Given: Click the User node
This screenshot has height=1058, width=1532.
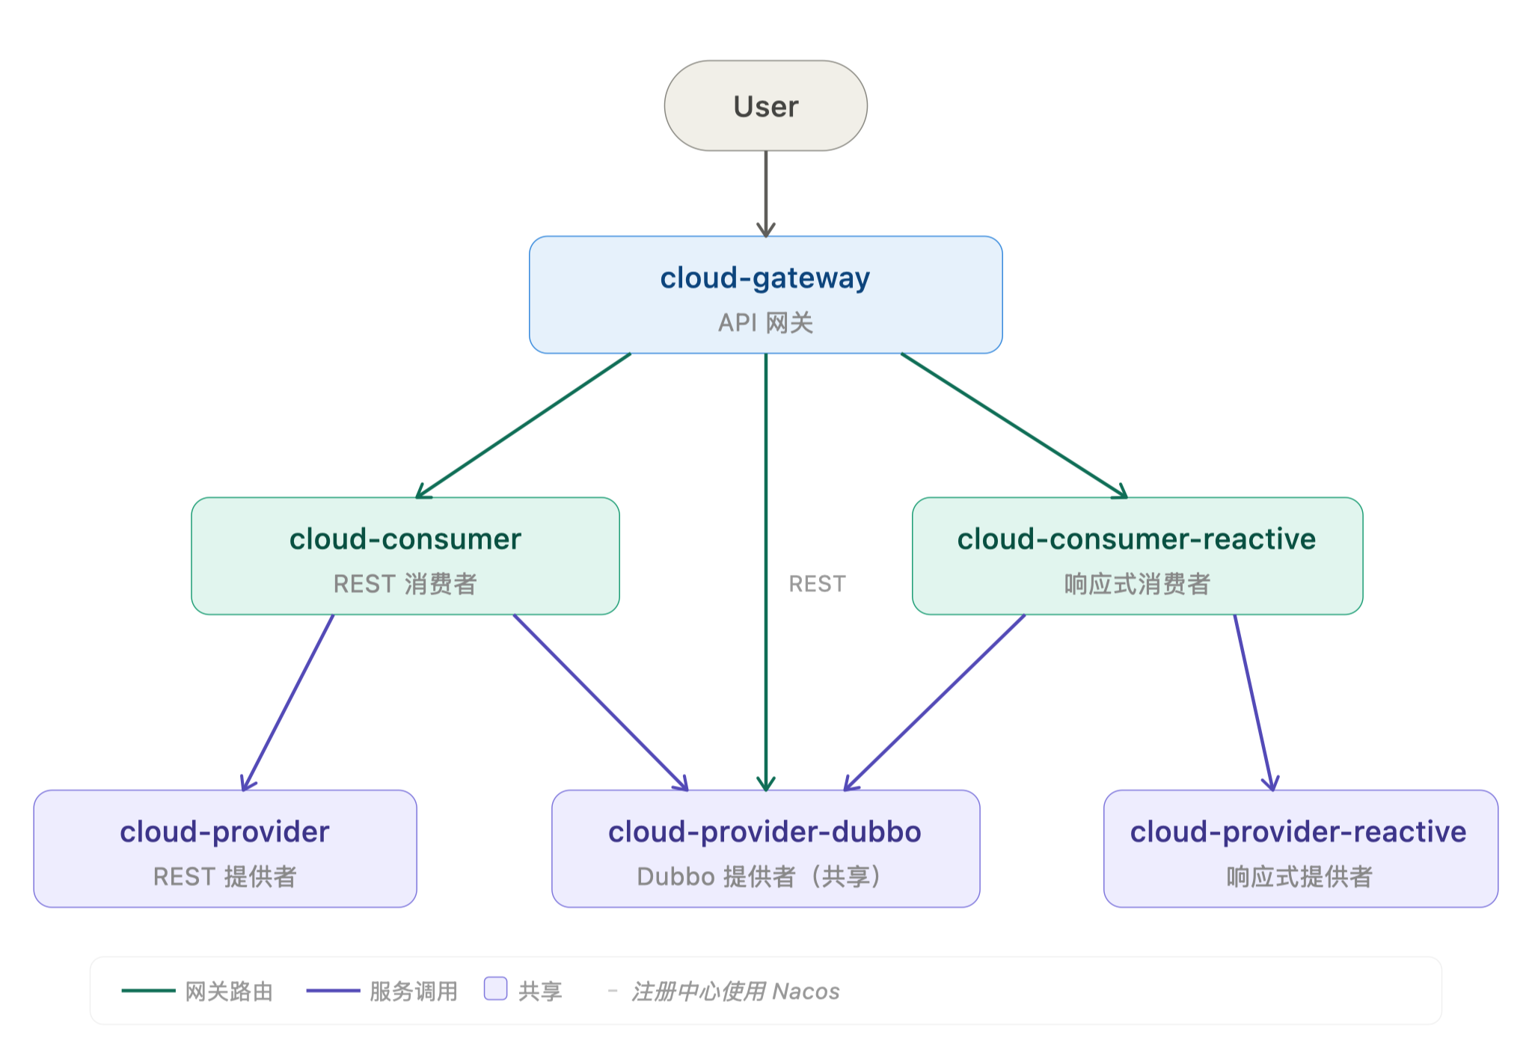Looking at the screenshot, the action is click(765, 105).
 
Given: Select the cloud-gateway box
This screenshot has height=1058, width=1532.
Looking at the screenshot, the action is click(765, 295).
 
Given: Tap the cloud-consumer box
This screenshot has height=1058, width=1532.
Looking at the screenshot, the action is click(405, 556).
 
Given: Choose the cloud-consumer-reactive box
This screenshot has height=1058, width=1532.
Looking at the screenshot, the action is click(1137, 556).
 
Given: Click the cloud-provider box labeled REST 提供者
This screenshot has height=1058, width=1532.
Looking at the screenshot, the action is click(225, 849).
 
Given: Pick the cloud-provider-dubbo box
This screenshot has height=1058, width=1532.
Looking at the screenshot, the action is click(765, 849).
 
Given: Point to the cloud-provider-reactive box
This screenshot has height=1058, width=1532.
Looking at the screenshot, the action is click(1301, 849).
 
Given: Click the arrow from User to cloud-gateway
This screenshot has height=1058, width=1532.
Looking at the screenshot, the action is click(765, 194).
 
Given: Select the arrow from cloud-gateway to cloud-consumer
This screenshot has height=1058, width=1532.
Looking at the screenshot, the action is click(524, 425).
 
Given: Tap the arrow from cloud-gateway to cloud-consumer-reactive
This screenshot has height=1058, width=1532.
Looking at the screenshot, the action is click(1014, 425).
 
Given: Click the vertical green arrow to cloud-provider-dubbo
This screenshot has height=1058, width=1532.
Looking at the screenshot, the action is click(765, 572).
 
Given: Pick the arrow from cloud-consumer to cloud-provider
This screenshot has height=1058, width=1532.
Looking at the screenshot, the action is click(287, 703).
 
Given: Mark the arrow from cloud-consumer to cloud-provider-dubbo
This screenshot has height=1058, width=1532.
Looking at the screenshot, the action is click(601, 703).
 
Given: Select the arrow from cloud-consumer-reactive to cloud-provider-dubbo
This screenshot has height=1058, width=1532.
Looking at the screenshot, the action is click(934, 703).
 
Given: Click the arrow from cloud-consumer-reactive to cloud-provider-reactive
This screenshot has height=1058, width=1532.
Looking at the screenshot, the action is click(1254, 703).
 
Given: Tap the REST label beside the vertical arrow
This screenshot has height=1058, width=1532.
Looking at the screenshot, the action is click(817, 584).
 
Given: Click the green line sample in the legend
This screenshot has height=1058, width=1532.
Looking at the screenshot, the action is click(148, 991).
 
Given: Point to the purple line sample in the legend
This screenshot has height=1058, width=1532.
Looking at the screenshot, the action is click(333, 991).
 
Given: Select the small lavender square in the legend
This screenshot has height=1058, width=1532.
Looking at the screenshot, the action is click(495, 988).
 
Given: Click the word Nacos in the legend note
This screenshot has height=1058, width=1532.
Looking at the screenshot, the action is click(806, 991).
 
